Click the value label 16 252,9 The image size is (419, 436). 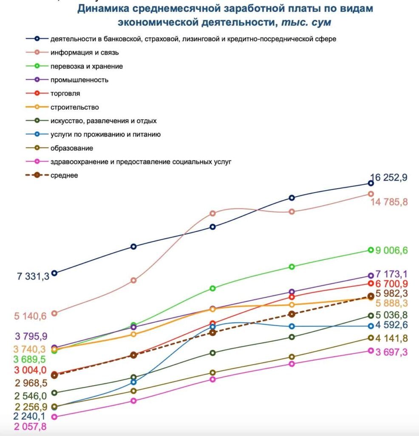pyautogui.click(x=389, y=177)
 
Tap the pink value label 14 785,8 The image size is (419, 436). pyautogui.click(x=389, y=202)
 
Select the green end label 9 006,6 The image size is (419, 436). pyautogui.click(x=391, y=250)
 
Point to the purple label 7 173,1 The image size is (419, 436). pyautogui.click(x=391, y=274)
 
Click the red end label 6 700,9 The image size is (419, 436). pyautogui.click(x=391, y=284)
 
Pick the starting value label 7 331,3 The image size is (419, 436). pyautogui.click(x=33, y=276)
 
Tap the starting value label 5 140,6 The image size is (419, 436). pyautogui.click(x=30, y=316)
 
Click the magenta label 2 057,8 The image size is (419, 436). pyautogui.click(x=30, y=427)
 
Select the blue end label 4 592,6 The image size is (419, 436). pyautogui.click(x=391, y=325)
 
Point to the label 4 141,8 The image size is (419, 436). pyautogui.click(x=391, y=338)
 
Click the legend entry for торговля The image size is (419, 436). pyautogui.click(x=53, y=93)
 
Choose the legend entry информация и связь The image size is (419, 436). pyautogui.click(x=72, y=52)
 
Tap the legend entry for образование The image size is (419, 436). pyautogui.click(x=59, y=148)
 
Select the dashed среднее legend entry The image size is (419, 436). pyautogui.click(x=51, y=175)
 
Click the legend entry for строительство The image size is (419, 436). pyautogui.click(x=62, y=107)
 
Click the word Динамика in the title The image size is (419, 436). pyautogui.click(x=103, y=9)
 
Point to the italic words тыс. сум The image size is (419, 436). pyautogui.click(x=306, y=22)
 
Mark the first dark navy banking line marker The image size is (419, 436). pyautogui.click(x=55, y=273)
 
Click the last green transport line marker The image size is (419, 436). pyautogui.click(x=371, y=250)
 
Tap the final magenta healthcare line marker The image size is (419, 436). pyautogui.click(x=371, y=351)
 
